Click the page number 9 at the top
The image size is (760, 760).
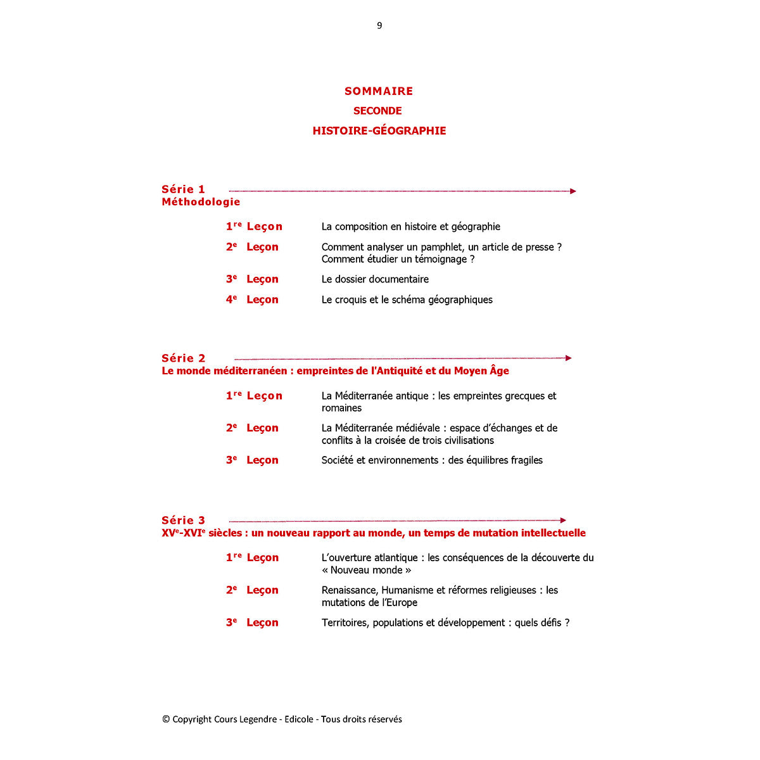[x=379, y=25]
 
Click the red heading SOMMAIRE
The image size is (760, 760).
[x=379, y=91]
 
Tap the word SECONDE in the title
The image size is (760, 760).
[x=377, y=111]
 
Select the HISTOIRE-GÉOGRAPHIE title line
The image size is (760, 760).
[x=379, y=131]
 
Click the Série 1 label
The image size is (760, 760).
[x=183, y=189]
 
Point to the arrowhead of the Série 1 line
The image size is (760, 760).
[x=573, y=191]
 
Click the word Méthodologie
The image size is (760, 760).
[x=201, y=202]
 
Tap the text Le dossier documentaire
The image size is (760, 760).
[x=375, y=279]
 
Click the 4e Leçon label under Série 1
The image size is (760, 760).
[x=252, y=300]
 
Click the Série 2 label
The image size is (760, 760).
[x=183, y=358]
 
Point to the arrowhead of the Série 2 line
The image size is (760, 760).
[x=569, y=358]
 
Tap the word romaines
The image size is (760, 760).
[x=341, y=408]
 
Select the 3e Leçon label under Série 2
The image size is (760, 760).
[x=252, y=460]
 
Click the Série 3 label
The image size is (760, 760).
[x=183, y=521]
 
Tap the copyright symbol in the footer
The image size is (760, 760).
[x=166, y=719]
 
